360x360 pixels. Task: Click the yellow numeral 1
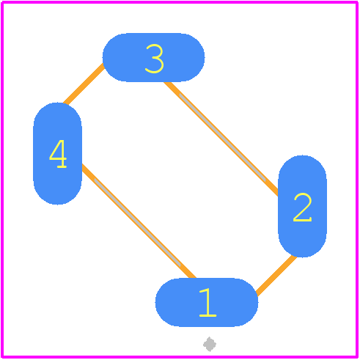coord(207,302)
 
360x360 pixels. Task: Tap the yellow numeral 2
coord(303,207)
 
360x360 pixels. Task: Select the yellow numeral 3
coord(154,59)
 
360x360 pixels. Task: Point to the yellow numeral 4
coord(58,154)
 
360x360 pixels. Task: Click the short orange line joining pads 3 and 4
coord(84,84)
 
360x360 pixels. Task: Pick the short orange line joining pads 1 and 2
coord(276,276)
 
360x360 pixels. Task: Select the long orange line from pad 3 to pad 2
coord(221,139)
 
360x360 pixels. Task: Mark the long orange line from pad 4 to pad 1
coord(139,221)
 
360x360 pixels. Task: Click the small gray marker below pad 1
coord(210,344)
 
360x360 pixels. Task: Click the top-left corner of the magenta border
coord(2,2)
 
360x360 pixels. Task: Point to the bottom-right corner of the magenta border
coord(357,357)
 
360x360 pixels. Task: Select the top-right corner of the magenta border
coord(357,2)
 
